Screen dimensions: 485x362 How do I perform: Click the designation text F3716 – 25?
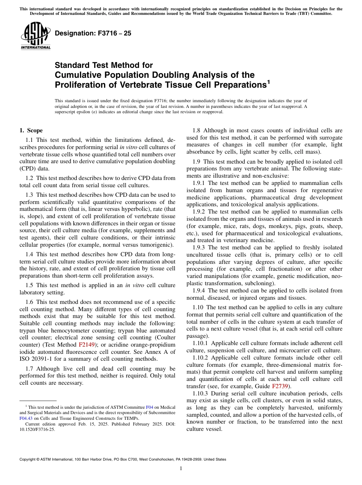[x=93, y=34]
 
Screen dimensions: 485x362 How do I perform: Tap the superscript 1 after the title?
[x=268, y=81]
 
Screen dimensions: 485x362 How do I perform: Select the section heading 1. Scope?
[x=31, y=130]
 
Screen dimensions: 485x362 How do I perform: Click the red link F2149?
[x=86, y=345]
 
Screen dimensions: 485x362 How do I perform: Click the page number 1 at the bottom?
[x=181, y=469]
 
